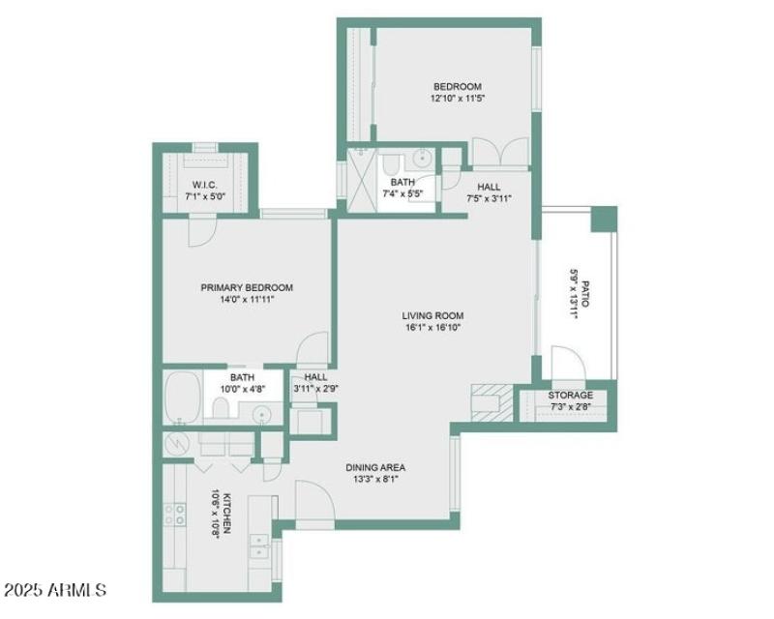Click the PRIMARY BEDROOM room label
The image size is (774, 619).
[x=246, y=287]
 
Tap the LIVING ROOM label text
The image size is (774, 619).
[x=432, y=315]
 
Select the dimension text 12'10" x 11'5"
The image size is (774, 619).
[x=457, y=99]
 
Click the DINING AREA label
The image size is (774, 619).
[x=375, y=468]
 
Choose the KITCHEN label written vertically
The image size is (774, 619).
[x=226, y=513]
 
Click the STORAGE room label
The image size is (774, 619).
[x=571, y=396]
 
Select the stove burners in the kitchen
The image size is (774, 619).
[x=175, y=515]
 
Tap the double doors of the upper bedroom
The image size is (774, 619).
[x=499, y=154]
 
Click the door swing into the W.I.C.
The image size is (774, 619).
[x=202, y=229]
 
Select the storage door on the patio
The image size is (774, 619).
[x=563, y=366]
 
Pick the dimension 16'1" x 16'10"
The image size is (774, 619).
[x=432, y=328]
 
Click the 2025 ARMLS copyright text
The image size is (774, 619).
[x=55, y=589]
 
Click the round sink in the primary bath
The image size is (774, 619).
[x=261, y=414]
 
